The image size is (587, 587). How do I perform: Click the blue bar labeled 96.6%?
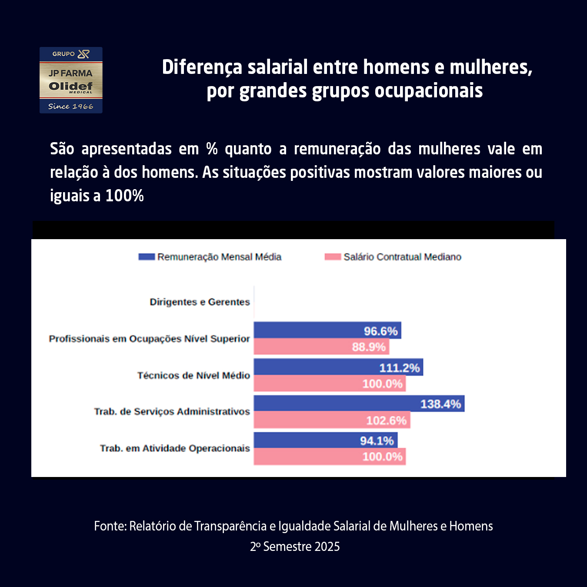327,330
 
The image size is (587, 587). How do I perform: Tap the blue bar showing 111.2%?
338,367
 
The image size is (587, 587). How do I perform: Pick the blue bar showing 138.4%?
359,404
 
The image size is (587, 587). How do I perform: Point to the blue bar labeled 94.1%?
325,440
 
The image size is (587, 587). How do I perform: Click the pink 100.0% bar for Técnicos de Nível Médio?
329,384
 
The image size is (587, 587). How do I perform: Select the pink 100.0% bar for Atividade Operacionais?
329,457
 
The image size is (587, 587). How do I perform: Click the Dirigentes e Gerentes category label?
200,302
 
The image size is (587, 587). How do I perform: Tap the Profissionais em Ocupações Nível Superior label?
149,339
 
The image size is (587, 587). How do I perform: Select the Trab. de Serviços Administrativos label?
172,411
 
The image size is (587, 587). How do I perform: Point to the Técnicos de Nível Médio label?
193,375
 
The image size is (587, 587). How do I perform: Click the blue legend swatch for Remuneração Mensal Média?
147,257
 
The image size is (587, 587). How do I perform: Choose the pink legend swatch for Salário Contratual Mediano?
333,257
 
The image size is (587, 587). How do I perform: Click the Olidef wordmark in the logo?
70,86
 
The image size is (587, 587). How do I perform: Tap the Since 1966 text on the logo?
70,107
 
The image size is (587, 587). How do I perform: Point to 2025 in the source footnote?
327,547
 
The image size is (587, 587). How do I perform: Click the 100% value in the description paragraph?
124,196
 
